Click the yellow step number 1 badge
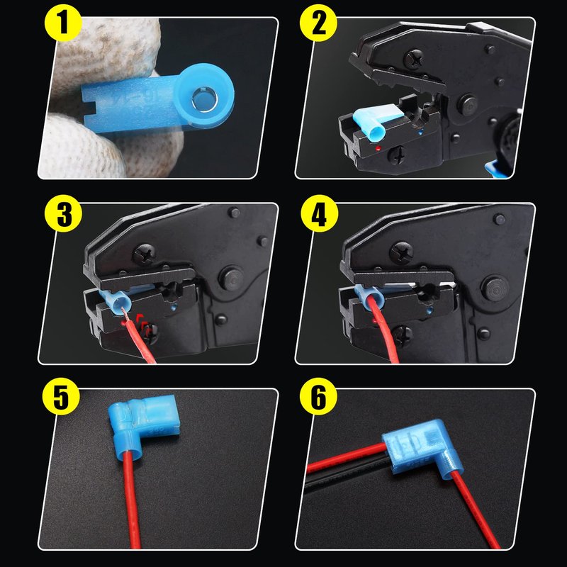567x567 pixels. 63,23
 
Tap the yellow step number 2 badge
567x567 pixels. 318,23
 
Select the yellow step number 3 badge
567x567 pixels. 63,214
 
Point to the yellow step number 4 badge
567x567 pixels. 320,214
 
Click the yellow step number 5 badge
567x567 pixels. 62,397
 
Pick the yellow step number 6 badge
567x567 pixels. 318,397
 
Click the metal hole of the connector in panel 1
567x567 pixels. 204,99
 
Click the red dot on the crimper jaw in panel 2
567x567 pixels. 378,148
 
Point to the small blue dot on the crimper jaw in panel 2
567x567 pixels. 420,133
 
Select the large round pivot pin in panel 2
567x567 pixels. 467,106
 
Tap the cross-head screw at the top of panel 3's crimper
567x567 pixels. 145,254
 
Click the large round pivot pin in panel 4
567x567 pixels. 495,288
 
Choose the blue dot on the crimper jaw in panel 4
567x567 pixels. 430,310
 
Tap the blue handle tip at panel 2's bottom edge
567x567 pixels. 493,170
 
